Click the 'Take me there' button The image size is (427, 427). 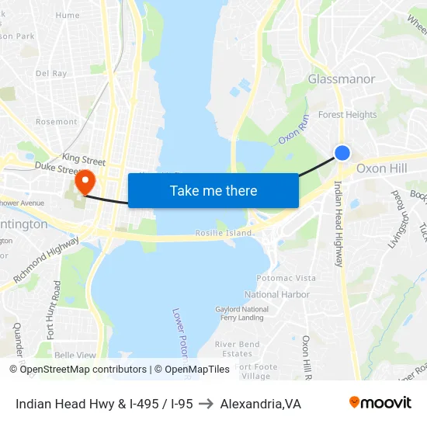[213, 190]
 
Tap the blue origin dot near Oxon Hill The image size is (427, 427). [342, 153]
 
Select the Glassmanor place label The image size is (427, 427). [342, 79]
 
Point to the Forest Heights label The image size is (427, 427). [347, 115]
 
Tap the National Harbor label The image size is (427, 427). [277, 294]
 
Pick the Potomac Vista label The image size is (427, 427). [286, 278]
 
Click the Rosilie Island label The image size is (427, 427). [224, 233]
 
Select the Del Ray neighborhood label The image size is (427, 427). [51, 73]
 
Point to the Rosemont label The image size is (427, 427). [56, 122]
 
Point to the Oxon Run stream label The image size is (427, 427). [294, 128]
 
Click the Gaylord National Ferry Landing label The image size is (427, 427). [242, 313]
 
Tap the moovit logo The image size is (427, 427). [380, 403]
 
